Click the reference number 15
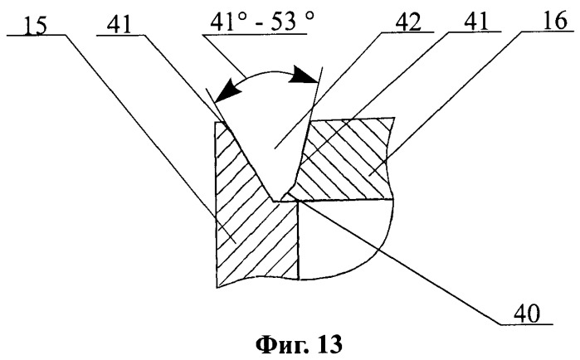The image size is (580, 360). point(35,26)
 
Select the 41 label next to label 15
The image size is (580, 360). point(119,26)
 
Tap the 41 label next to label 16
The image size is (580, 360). point(475,22)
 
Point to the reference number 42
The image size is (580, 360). point(408,22)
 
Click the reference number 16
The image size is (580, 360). point(555,21)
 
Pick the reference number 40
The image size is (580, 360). point(527,314)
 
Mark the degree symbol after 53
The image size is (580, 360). point(310,17)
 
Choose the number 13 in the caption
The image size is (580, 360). point(329,344)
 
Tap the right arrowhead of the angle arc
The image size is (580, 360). point(304,75)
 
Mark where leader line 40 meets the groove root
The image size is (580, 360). point(299,201)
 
